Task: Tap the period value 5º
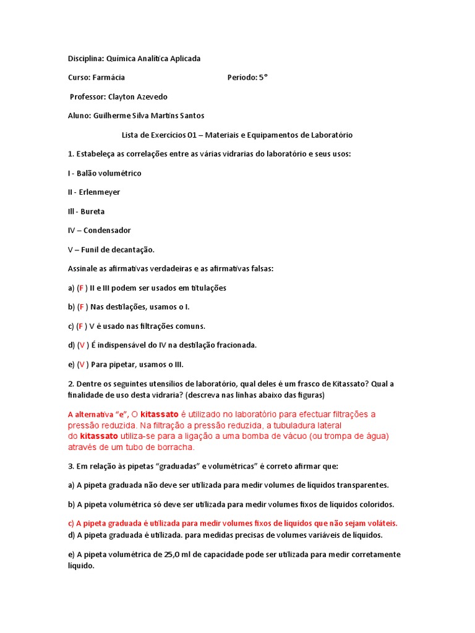coord(263,77)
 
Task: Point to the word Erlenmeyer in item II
coord(100,192)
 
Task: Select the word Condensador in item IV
coord(107,231)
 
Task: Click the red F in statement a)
coord(81,288)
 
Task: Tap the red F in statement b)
coord(81,307)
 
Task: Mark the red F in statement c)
coord(80,326)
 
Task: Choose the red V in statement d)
coord(82,345)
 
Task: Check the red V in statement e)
coord(81,364)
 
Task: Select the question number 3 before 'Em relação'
coord(70,465)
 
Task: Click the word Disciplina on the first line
coord(85,59)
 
